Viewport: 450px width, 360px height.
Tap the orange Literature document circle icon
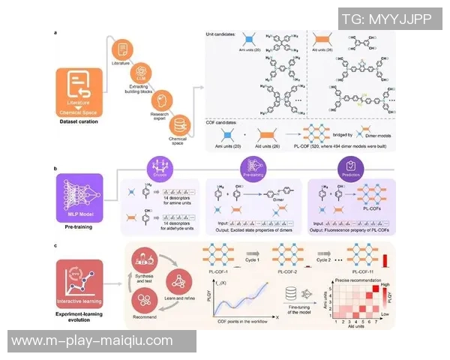[120, 49]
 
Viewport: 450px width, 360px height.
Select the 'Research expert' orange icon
[160, 100]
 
